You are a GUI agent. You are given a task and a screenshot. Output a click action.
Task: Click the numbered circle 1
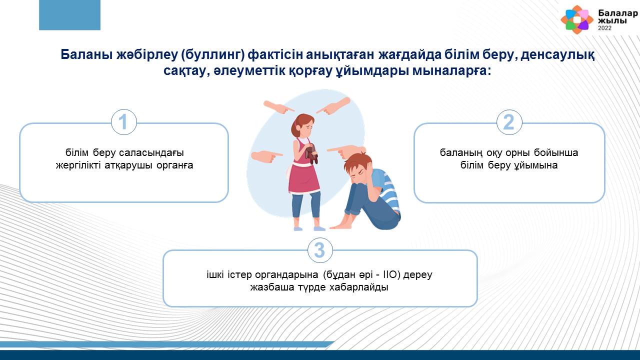pyautogui.click(x=123, y=122)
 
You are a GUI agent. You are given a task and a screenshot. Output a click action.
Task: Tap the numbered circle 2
pyautogui.click(x=509, y=122)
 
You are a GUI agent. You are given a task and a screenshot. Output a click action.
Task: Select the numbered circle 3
pyautogui.click(x=320, y=250)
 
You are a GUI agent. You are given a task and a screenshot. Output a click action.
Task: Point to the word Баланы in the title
pyautogui.click(x=86, y=54)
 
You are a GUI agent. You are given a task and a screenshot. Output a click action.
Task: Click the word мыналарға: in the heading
pyautogui.click(x=451, y=70)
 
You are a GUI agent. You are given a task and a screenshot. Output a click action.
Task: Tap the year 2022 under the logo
pyautogui.click(x=604, y=28)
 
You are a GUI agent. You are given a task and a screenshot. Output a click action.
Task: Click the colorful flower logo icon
pyautogui.click(x=577, y=19)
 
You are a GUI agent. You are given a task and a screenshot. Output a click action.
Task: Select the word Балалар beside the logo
pyautogui.click(x=618, y=13)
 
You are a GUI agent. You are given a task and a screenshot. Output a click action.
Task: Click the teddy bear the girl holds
pyautogui.click(x=311, y=153)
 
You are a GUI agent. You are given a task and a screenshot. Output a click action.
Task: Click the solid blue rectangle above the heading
pyautogui.click(x=69, y=15)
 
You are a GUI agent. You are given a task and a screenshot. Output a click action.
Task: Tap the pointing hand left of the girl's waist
pyautogui.click(x=266, y=156)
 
